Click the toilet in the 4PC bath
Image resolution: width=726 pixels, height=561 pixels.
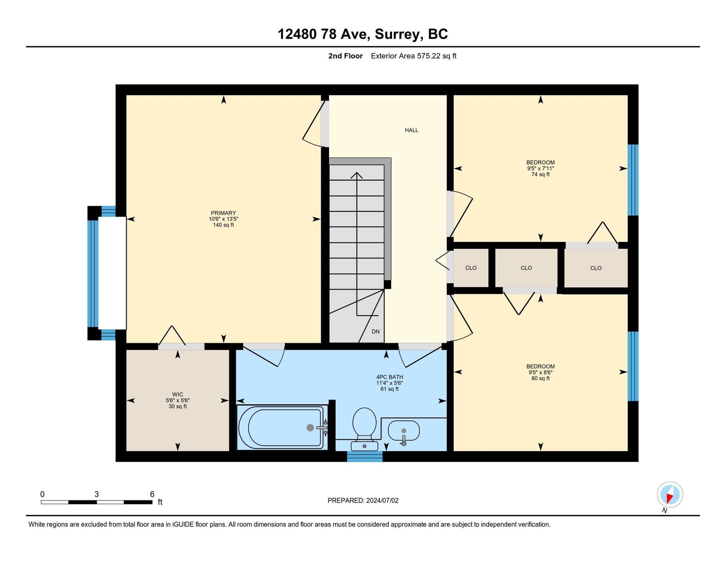[x=364, y=428]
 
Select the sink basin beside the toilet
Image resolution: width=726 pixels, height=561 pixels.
[x=403, y=431]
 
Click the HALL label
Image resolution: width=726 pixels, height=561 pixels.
[x=411, y=130]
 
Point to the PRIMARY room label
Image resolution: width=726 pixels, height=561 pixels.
[x=223, y=213]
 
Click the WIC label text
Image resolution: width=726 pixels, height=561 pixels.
[x=177, y=394]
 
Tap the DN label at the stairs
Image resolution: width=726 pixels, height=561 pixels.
[x=376, y=332]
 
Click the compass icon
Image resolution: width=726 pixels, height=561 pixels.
[x=670, y=495]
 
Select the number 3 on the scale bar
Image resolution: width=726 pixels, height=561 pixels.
[x=97, y=494]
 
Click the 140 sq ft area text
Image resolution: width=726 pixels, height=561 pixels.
[x=224, y=225]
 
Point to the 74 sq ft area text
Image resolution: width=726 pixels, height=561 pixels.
[x=540, y=174]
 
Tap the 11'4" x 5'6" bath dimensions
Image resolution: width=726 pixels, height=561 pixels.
[x=390, y=383]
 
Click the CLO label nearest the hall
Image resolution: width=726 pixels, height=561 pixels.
[x=471, y=268]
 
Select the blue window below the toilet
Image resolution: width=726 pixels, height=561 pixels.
[x=364, y=457]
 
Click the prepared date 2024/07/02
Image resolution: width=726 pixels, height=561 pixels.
[x=382, y=501]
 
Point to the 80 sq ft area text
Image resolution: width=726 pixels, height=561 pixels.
[x=540, y=379]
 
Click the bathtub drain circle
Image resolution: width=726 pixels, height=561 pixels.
[x=310, y=428]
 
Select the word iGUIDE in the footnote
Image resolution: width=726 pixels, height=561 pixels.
[x=183, y=525]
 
